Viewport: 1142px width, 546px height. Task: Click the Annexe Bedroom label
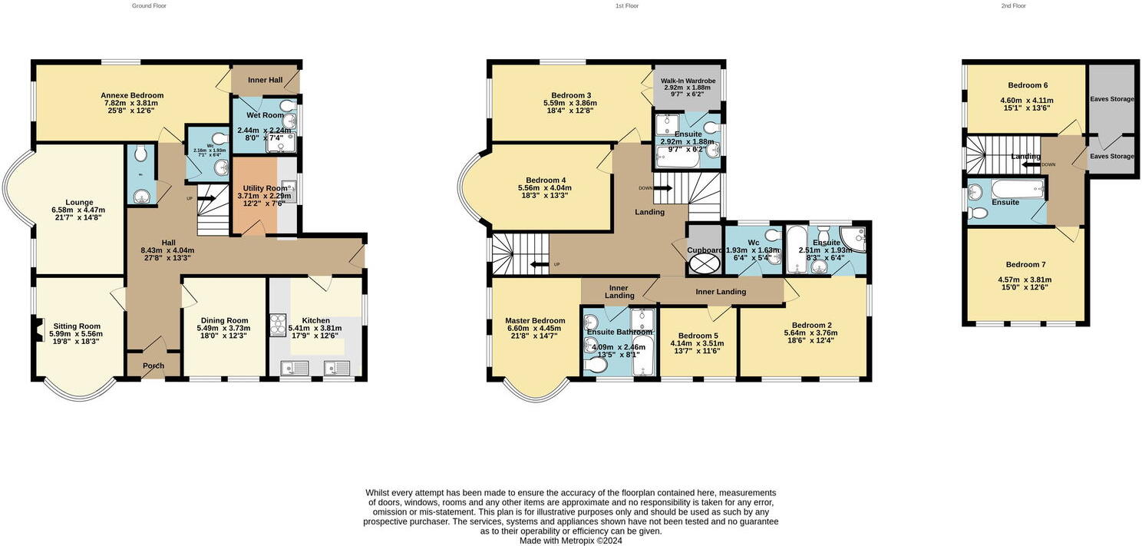(x=132, y=95)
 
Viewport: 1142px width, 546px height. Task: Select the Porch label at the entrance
(x=153, y=366)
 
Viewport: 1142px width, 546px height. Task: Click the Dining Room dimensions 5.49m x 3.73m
(x=224, y=328)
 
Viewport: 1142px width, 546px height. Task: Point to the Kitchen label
(x=315, y=320)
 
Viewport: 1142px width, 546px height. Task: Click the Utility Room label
(x=265, y=188)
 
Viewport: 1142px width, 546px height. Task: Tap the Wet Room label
(x=265, y=115)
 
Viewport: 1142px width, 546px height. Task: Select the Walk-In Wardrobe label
(x=688, y=81)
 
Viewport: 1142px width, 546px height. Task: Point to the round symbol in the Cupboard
(x=705, y=263)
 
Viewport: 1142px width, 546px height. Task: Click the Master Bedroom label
(x=535, y=320)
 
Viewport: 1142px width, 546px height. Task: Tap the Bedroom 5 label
(x=698, y=336)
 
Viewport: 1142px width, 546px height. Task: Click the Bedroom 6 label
(x=1026, y=85)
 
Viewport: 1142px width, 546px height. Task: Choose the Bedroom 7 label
(x=1026, y=264)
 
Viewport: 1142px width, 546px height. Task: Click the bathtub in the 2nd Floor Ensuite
(x=1018, y=189)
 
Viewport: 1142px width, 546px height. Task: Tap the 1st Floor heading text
(x=626, y=5)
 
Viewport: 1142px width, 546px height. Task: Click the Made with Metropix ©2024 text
(x=570, y=540)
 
